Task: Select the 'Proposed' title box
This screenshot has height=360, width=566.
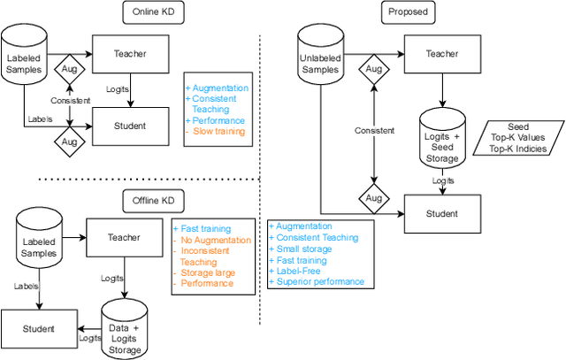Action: coord(408,14)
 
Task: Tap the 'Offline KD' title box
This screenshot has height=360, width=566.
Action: coord(149,201)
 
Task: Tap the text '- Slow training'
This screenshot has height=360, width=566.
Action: coord(216,132)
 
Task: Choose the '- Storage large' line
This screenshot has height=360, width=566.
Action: coord(206,272)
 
